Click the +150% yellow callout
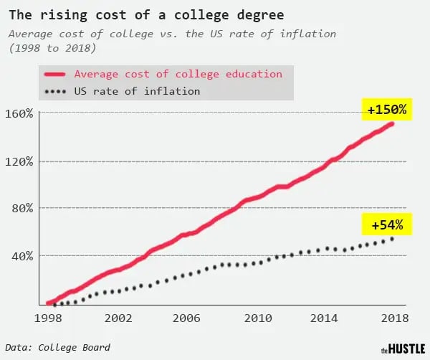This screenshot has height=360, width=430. [x=387, y=111]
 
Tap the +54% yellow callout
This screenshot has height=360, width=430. [x=387, y=225]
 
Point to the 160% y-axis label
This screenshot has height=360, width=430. [x=19, y=113]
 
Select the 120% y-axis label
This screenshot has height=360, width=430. [x=19, y=161]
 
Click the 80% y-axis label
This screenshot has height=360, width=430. [x=21, y=208]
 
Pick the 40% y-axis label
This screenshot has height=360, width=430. [x=21, y=255]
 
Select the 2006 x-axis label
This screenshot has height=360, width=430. [x=185, y=317]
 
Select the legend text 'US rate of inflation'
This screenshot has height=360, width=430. [x=137, y=92]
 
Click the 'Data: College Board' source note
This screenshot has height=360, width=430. [x=62, y=347]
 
